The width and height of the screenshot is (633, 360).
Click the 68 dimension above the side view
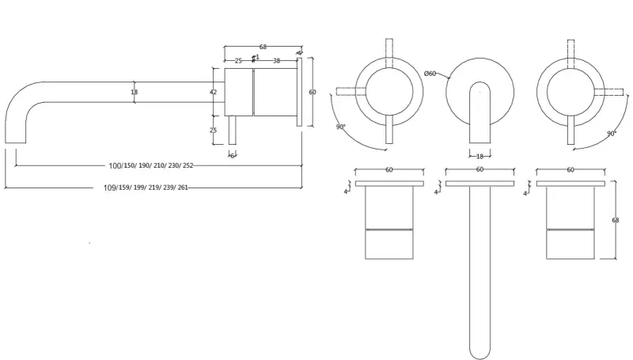coord(262,47)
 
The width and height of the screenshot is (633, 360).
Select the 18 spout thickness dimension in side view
coord(134,92)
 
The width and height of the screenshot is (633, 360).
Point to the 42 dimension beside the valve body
coord(214,92)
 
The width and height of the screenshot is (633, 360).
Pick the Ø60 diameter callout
coord(430,74)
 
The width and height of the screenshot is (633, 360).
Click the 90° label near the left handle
coord(340,127)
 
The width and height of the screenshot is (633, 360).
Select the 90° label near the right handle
coord(612,134)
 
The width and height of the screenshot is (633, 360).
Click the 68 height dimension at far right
coord(616,220)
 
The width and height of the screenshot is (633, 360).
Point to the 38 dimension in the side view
coord(276,60)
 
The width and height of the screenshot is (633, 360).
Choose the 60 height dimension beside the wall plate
coord(313,92)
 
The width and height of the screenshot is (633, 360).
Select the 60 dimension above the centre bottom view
coord(479,170)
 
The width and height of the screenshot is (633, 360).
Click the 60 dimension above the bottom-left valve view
coord(389,170)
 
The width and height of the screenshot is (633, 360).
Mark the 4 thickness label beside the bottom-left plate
coord(347,191)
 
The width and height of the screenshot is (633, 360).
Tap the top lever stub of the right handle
coord(570,48)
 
